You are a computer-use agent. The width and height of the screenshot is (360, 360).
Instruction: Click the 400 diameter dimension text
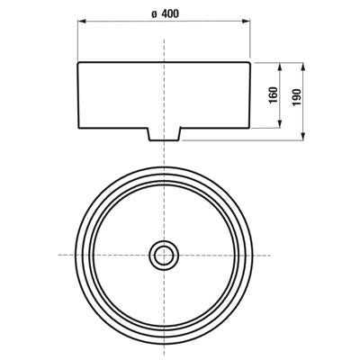pyautogui.click(x=170, y=13)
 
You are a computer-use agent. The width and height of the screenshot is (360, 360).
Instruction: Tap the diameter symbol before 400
pyautogui.click(x=154, y=14)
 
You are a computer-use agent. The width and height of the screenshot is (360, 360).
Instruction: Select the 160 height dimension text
pyautogui.click(x=274, y=95)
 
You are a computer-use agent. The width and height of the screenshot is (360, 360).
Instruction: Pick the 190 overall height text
pyautogui.click(x=296, y=97)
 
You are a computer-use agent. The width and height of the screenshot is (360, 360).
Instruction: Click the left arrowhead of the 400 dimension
pyautogui.click(x=82, y=21)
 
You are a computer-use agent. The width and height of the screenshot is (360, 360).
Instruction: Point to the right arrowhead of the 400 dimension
pyautogui.click(x=246, y=21)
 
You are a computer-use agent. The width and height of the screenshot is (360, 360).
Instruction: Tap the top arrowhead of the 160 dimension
pyautogui.click(x=280, y=67)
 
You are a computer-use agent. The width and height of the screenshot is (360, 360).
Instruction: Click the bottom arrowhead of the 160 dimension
pyautogui.click(x=280, y=124)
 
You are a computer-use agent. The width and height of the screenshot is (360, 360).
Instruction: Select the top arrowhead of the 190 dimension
pyautogui.click(x=303, y=67)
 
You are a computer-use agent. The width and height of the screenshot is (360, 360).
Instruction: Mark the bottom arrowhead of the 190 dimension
pyautogui.click(x=303, y=136)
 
